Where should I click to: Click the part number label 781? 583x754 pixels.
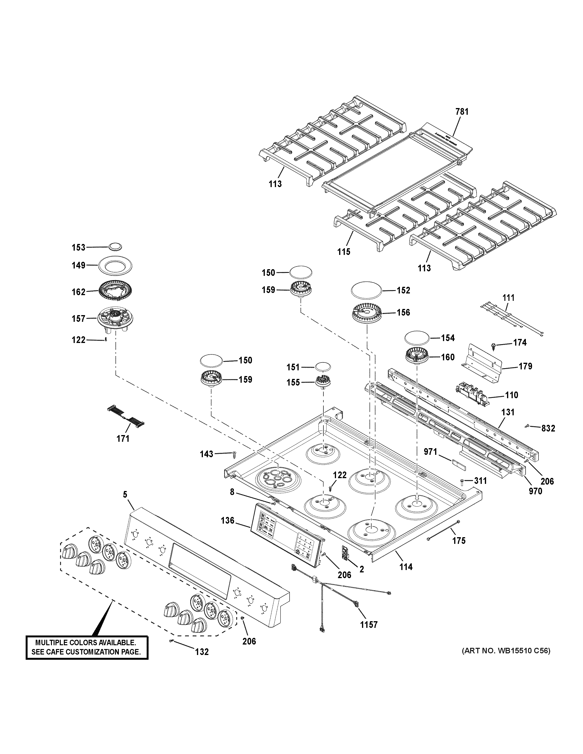pos(462,112)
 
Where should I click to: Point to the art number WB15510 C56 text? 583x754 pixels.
pos(506,651)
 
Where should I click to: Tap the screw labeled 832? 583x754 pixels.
pos(527,427)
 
